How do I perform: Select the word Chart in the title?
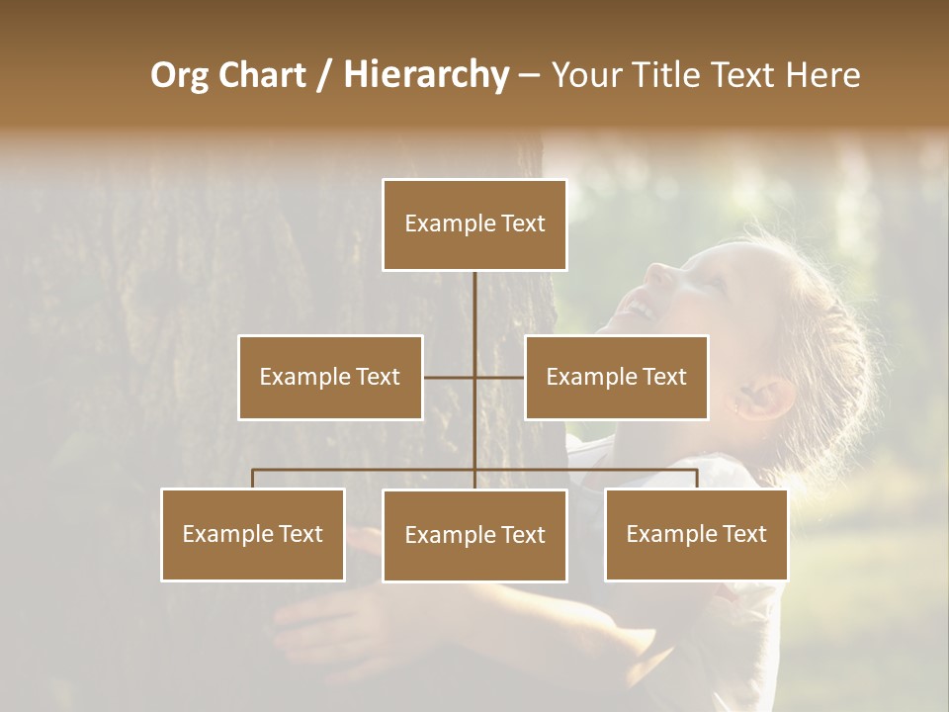pyautogui.click(x=262, y=76)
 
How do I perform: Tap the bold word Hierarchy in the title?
pyautogui.click(x=426, y=76)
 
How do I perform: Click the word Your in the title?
pyautogui.click(x=584, y=76)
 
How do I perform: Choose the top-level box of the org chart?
pyautogui.click(x=474, y=224)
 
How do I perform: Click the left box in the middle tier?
pyautogui.click(x=330, y=377)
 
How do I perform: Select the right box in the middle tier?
pyautogui.click(x=616, y=377)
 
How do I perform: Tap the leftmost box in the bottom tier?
pyautogui.click(x=253, y=535)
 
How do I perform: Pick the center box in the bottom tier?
pyautogui.click(x=474, y=536)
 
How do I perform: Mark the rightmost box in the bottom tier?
pyautogui.click(x=696, y=535)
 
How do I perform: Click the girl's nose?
pyautogui.click(x=658, y=272)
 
